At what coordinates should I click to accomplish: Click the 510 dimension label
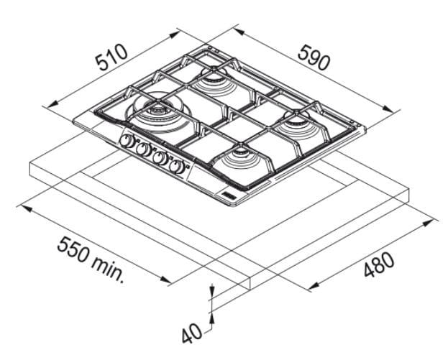(x=111, y=57)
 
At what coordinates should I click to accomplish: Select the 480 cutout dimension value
(x=379, y=264)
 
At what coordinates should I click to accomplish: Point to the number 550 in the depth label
(x=75, y=249)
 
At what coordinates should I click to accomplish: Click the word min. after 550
(x=109, y=268)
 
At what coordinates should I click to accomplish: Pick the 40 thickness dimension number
(x=191, y=333)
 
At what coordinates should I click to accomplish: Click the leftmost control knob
(x=126, y=141)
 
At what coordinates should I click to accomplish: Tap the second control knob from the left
(x=143, y=149)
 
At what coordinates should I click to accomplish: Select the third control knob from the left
(x=160, y=158)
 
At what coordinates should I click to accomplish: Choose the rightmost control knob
(x=177, y=166)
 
